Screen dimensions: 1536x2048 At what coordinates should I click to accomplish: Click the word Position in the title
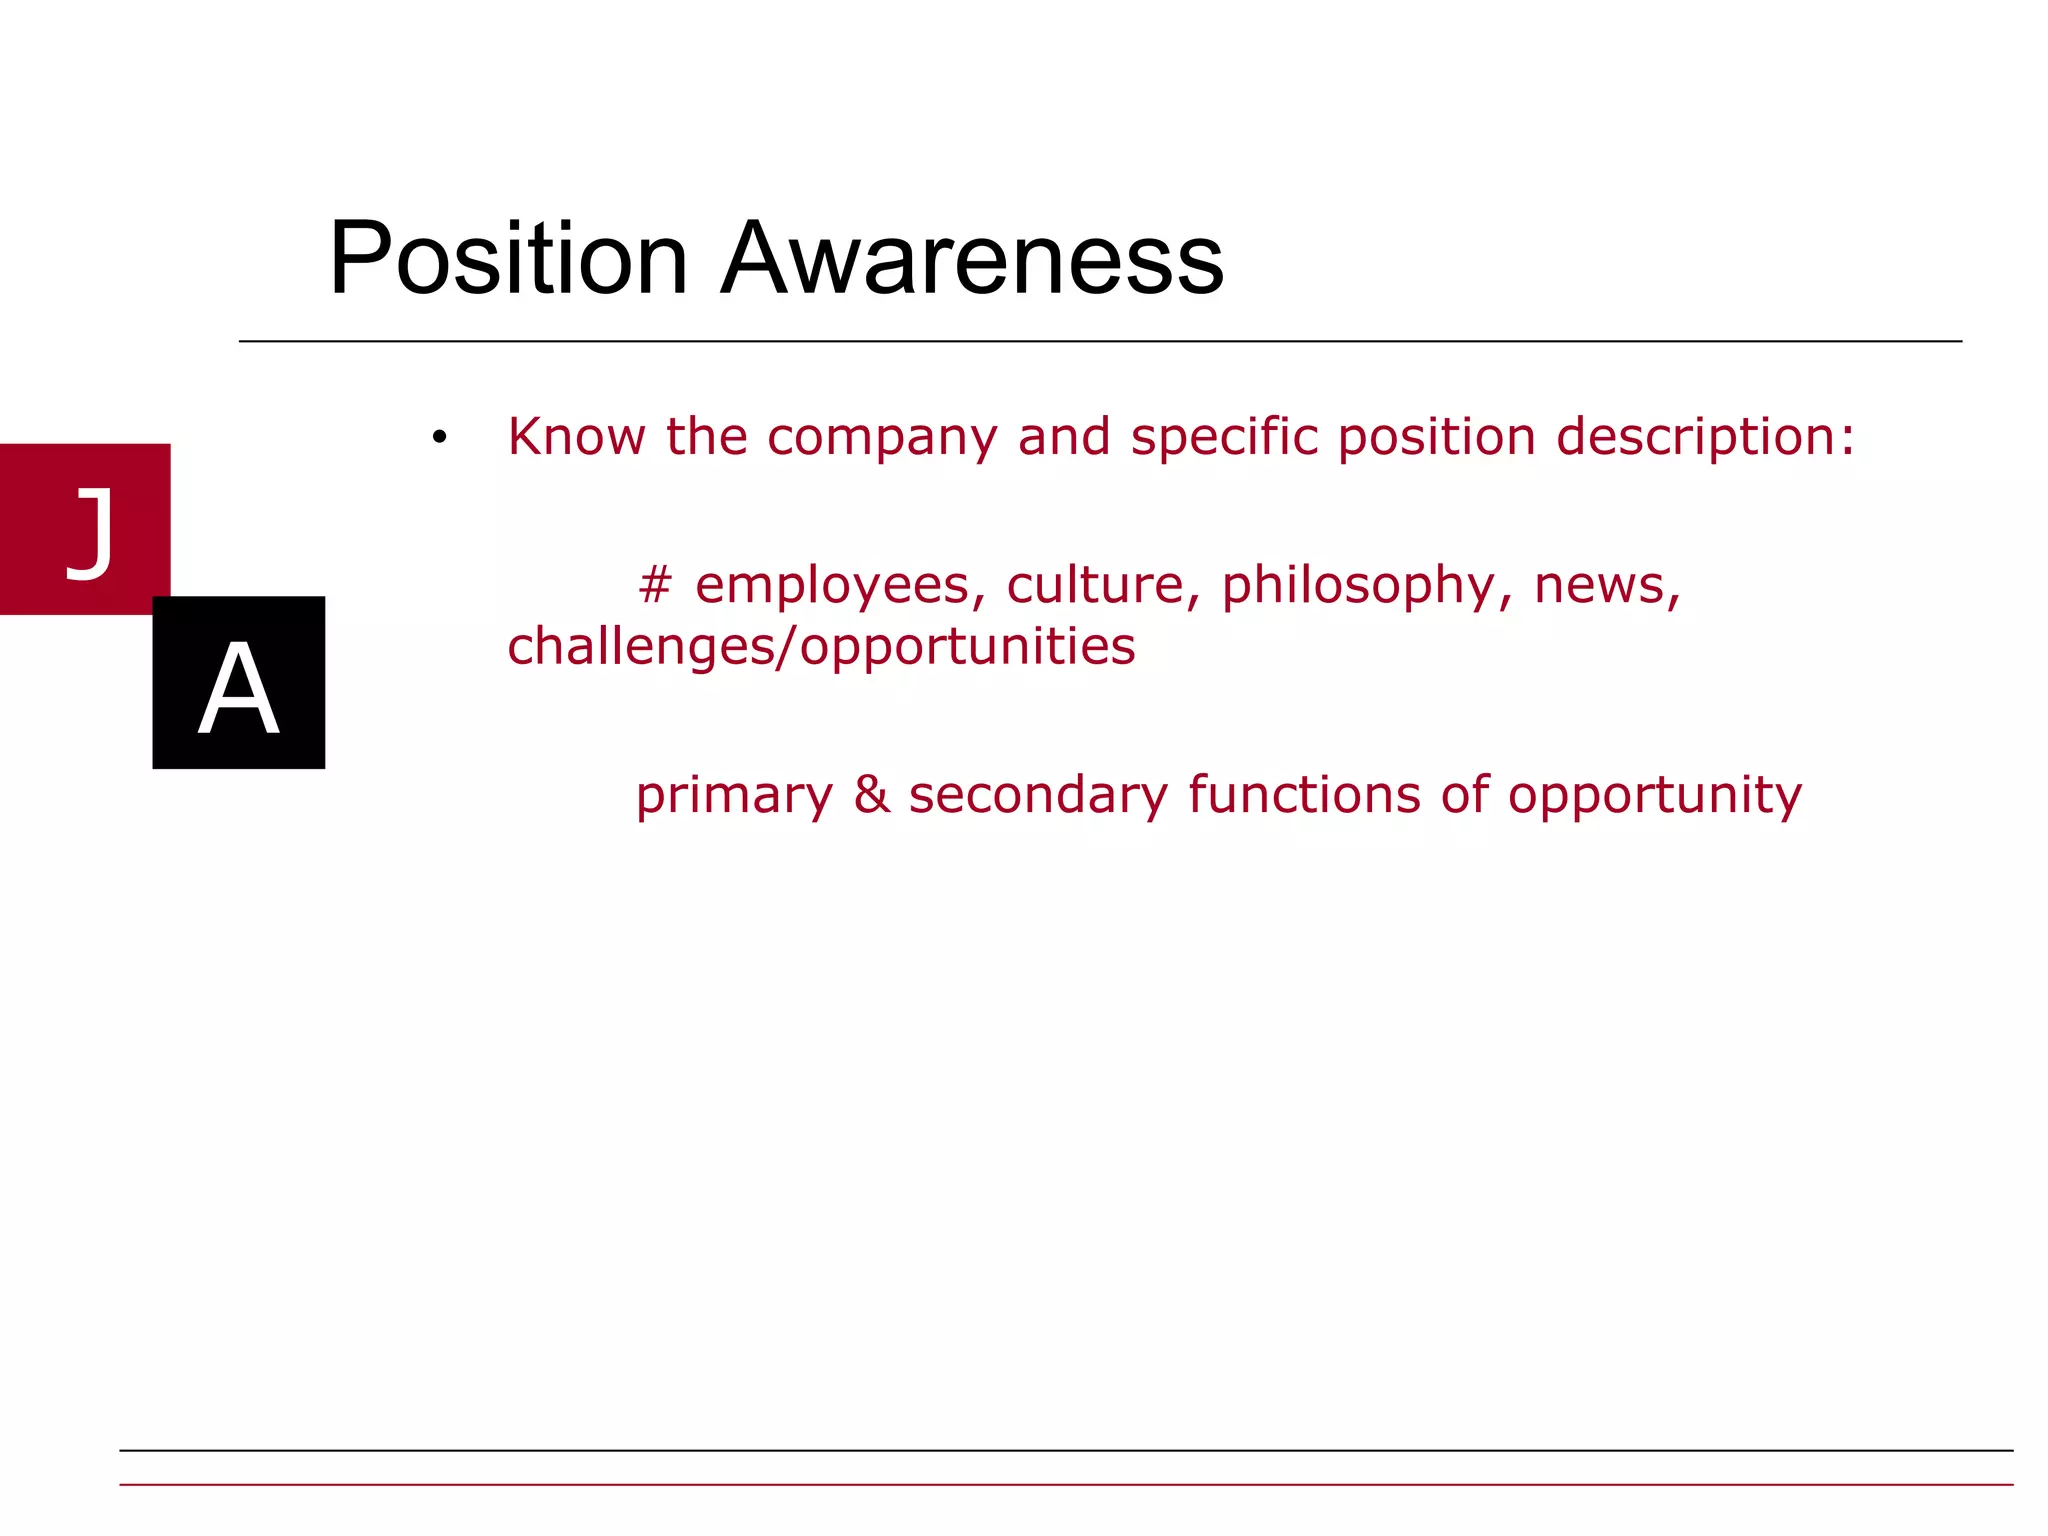pos(508,258)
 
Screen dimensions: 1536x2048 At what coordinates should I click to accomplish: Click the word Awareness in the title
pos(972,258)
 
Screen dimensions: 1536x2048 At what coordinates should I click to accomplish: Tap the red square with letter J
pos(85,528)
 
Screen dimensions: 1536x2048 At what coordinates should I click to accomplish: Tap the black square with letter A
pos(238,683)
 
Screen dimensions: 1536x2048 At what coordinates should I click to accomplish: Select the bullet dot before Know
pos(439,437)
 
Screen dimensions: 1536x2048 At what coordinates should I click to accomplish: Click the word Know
pos(576,437)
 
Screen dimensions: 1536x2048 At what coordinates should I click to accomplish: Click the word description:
pos(1705,437)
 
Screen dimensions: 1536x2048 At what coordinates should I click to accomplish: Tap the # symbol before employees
pos(655,585)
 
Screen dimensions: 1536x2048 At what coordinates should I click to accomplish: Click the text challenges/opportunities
pos(821,647)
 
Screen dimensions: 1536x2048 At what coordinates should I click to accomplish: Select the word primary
pos(734,797)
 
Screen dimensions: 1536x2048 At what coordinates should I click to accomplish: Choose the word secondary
pos(1038,797)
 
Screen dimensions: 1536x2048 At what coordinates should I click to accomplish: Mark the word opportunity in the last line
pos(1654,797)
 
